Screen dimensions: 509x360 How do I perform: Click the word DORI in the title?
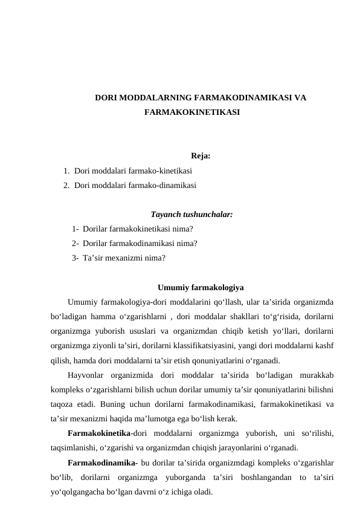[106, 97]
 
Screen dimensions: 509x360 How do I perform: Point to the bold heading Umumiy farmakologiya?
[200, 287]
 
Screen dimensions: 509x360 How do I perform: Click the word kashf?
[326, 346]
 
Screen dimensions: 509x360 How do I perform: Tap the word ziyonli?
[119, 346]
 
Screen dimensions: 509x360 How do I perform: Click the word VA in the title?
[299, 97]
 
